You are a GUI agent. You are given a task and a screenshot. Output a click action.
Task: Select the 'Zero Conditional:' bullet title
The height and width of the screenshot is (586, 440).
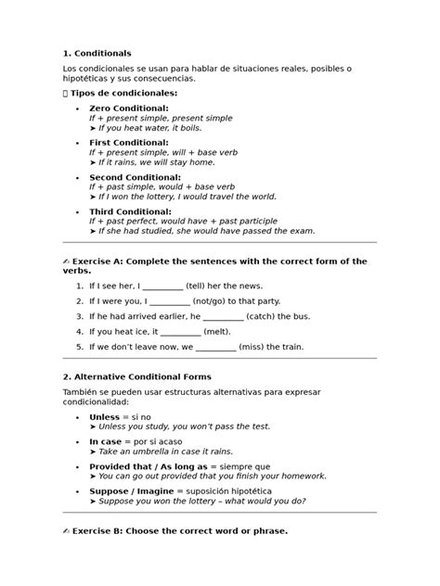click(x=128, y=108)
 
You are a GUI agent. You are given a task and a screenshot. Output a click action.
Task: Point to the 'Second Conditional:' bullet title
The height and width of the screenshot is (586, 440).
click(x=135, y=176)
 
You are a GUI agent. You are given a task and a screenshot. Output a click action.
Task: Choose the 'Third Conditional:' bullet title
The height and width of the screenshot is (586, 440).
click(x=128, y=211)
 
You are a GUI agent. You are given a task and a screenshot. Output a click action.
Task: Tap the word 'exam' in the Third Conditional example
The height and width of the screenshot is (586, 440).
click(x=303, y=231)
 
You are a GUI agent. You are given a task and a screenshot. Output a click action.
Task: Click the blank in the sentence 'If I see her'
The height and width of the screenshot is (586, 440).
click(x=163, y=287)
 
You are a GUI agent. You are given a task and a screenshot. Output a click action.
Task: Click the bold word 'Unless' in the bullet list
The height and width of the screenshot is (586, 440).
click(x=105, y=418)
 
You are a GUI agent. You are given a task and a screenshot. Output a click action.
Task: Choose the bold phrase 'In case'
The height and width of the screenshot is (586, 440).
click(x=107, y=441)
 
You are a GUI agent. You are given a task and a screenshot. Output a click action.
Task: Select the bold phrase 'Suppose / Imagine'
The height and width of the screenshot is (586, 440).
click(x=129, y=490)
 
